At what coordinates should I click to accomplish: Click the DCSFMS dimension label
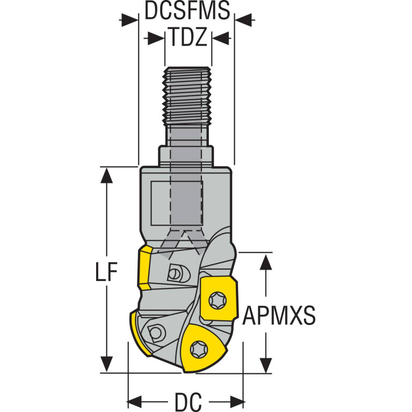(187, 11)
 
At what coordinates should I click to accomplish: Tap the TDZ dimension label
(187, 37)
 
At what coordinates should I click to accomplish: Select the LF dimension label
(106, 272)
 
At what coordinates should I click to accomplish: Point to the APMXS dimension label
(279, 315)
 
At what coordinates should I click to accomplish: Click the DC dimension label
(188, 402)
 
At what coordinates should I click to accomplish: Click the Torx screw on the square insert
(218, 300)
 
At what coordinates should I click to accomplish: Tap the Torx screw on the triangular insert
(199, 350)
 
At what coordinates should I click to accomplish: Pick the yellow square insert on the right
(219, 298)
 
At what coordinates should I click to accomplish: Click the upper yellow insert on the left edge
(144, 268)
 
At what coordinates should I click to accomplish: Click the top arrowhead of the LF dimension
(106, 175)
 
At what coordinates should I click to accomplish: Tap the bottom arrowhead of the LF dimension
(106, 364)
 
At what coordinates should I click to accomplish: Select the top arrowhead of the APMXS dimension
(266, 262)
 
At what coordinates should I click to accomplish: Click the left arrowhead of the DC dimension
(134, 402)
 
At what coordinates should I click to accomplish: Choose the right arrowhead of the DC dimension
(237, 402)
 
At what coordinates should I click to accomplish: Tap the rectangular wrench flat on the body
(177, 203)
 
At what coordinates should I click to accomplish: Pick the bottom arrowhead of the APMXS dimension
(266, 365)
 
